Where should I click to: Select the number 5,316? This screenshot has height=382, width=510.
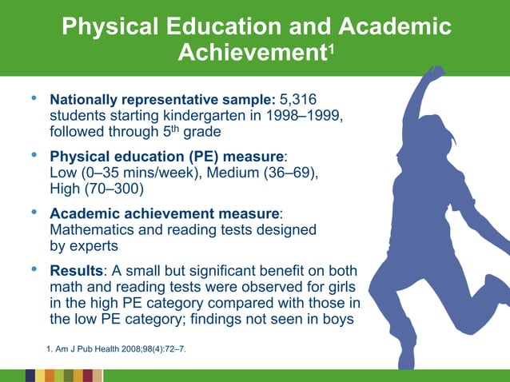pos(297,101)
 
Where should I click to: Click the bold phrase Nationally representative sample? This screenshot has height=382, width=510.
pos(163,101)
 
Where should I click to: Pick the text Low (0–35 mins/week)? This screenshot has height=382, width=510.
pos(116,173)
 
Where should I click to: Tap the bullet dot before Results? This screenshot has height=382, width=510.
pos(34,269)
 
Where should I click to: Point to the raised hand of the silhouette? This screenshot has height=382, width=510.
pos(434,74)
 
